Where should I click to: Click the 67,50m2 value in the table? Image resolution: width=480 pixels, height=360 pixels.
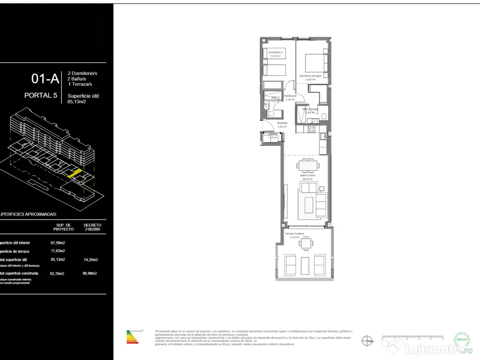click(58, 243)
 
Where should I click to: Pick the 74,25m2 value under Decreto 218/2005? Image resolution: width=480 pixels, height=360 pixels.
click(90, 259)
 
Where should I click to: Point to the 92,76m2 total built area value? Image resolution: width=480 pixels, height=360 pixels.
click(57, 273)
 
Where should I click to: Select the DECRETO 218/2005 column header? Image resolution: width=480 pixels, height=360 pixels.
click(92, 227)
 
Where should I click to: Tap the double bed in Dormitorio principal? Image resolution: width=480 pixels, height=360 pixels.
click(314, 62)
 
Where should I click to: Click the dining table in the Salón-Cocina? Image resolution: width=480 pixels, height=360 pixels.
click(308, 165)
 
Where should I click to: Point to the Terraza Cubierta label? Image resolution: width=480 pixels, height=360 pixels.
click(294, 233)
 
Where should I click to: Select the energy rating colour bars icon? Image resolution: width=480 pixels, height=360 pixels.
click(133, 337)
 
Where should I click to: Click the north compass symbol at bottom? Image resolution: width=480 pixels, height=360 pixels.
click(368, 341)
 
